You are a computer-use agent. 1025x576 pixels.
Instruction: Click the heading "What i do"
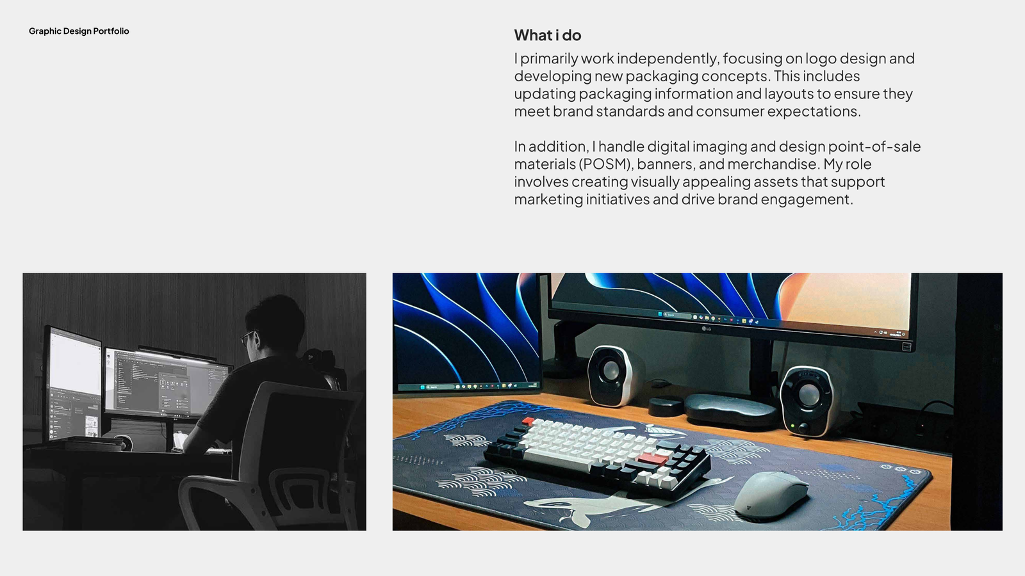click(x=547, y=35)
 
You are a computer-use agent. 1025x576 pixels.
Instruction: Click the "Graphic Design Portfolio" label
click(x=79, y=31)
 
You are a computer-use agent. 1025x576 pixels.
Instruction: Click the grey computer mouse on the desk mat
click(x=771, y=497)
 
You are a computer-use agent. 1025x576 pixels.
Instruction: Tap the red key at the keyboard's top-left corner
click(x=528, y=421)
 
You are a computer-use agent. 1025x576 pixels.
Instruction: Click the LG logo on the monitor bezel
click(x=707, y=329)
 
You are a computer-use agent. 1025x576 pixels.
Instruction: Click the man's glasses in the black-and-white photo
click(x=247, y=337)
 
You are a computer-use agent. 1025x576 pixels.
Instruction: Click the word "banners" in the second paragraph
click(x=666, y=164)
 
